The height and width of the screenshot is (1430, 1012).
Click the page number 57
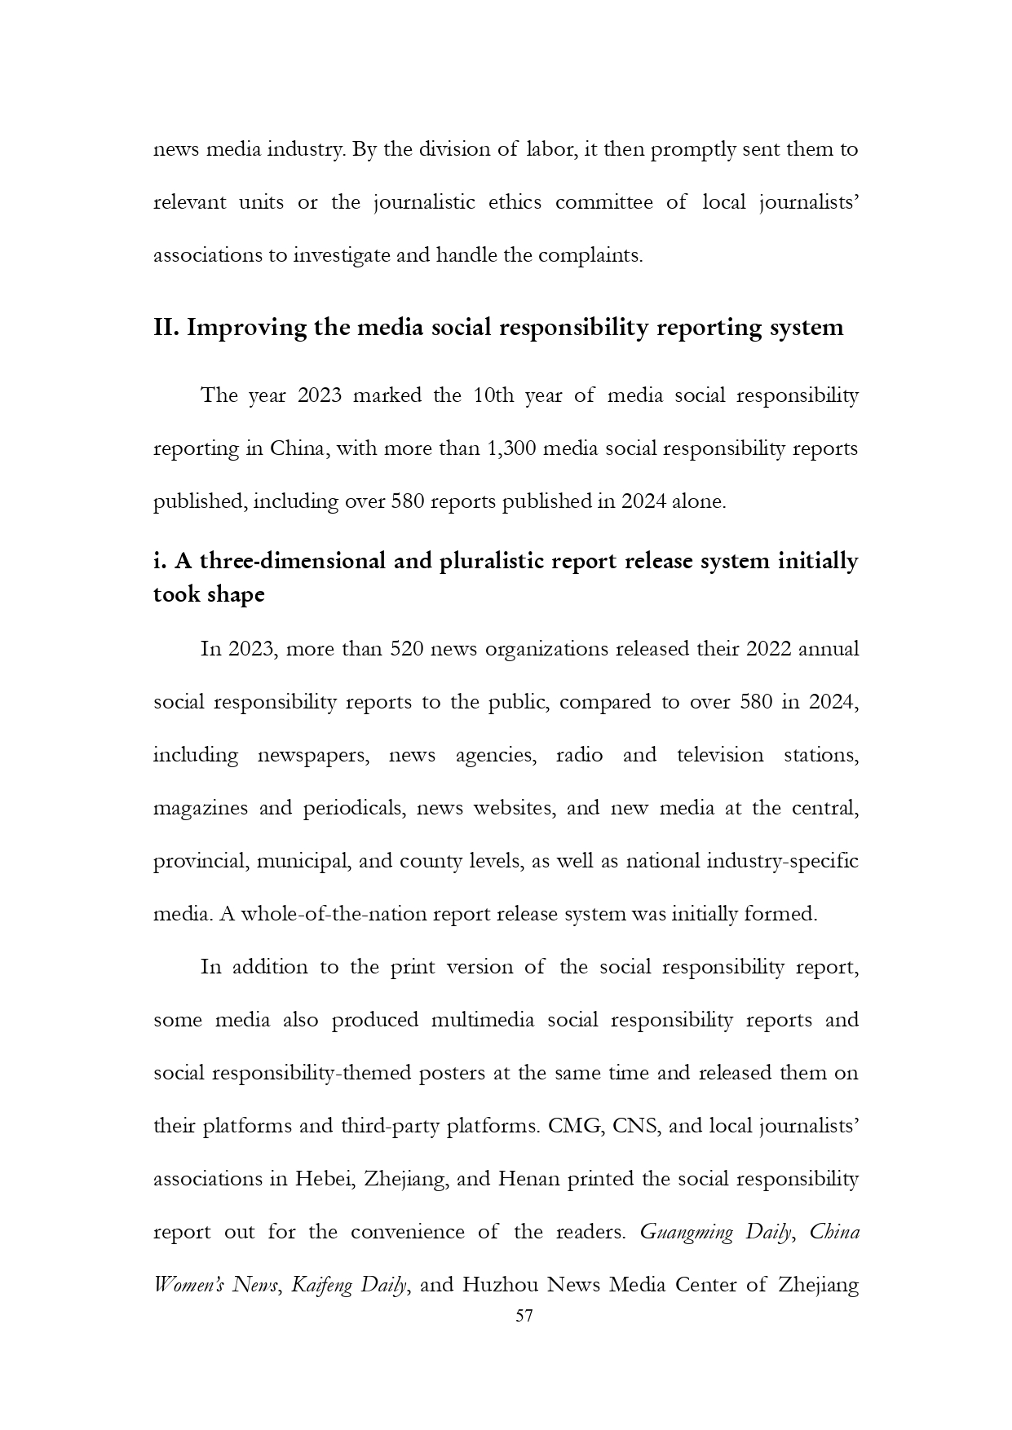524,1316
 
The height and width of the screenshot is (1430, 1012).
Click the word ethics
515,202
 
